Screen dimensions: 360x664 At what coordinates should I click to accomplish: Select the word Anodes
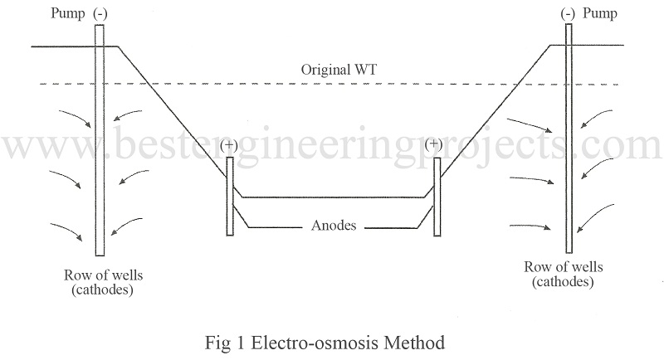[x=334, y=225]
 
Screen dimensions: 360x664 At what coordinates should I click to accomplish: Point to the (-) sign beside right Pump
[x=569, y=14]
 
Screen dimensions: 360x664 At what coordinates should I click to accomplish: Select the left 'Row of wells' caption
[x=100, y=275]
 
